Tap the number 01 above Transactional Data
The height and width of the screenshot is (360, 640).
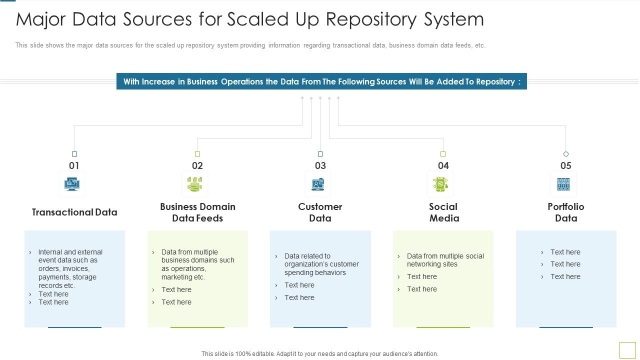(74, 165)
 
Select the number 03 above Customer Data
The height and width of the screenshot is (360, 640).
(320, 165)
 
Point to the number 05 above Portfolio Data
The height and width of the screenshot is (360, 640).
(565, 165)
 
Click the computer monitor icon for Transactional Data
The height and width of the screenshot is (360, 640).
(72, 184)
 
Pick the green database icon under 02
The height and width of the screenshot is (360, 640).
(195, 184)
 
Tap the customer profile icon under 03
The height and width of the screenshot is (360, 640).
(318, 184)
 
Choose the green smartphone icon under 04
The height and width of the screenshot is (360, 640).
(440, 184)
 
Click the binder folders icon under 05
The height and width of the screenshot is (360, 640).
(563, 184)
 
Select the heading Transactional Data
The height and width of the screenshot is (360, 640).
(74, 212)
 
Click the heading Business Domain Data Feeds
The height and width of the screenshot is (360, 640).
(197, 212)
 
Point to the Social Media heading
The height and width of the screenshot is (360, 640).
(443, 212)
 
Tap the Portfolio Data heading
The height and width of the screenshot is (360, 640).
(566, 212)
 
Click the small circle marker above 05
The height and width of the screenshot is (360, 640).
(566, 154)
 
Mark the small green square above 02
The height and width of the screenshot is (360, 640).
(197, 154)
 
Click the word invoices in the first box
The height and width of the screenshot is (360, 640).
(75, 268)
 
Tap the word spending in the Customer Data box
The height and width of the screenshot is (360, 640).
(298, 272)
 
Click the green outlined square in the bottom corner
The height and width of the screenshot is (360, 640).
(627, 349)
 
